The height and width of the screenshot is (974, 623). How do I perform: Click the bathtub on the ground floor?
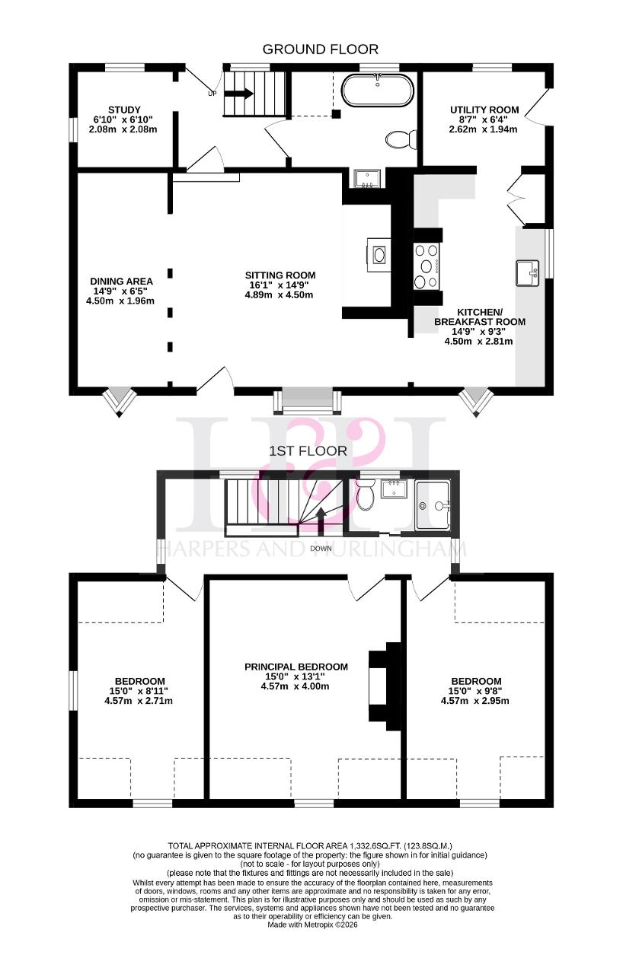pyautogui.click(x=377, y=91)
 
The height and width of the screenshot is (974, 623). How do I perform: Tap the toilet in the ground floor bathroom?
pyautogui.click(x=401, y=139)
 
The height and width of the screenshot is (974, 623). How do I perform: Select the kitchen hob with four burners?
pyautogui.click(x=427, y=266)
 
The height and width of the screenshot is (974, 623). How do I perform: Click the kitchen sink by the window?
pyautogui.click(x=527, y=272)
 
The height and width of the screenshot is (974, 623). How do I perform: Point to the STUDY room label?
pyautogui.click(x=124, y=110)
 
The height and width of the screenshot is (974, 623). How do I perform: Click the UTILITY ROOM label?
pyautogui.click(x=484, y=110)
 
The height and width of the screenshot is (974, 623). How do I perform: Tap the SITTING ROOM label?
pyautogui.click(x=280, y=275)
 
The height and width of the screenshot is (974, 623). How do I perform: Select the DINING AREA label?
pyautogui.click(x=121, y=282)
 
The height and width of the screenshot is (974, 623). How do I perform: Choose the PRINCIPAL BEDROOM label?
pyautogui.click(x=296, y=667)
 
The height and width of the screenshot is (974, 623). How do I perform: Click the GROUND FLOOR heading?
pyautogui.click(x=320, y=49)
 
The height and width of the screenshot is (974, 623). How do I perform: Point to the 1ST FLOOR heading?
pyautogui.click(x=308, y=451)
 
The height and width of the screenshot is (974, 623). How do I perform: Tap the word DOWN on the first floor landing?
pyautogui.click(x=321, y=549)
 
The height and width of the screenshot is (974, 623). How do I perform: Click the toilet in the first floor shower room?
pyautogui.click(x=364, y=494)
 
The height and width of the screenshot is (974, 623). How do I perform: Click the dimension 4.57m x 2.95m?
pyautogui.click(x=475, y=701)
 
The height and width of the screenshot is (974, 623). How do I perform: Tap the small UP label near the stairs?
pyautogui.click(x=212, y=93)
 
